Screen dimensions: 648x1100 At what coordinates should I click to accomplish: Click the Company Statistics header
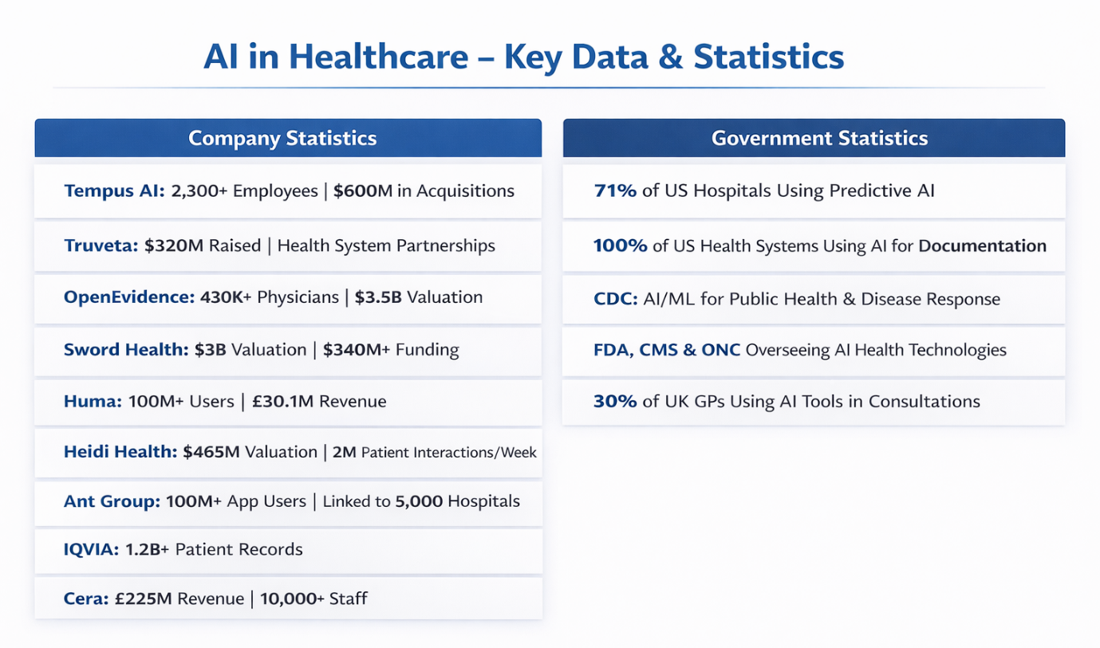(x=282, y=138)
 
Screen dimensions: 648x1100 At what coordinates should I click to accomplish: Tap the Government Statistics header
(x=819, y=138)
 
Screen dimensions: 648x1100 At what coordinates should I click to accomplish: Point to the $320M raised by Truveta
(x=174, y=245)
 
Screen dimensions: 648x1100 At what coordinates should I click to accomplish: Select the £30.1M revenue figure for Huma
(x=284, y=402)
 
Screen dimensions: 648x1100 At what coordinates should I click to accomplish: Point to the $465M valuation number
(x=211, y=452)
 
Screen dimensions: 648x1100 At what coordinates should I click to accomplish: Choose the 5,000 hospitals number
(x=419, y=501)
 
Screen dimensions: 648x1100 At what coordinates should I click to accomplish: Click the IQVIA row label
(x=91, y=549)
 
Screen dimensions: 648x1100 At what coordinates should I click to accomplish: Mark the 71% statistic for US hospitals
(x=615, y=191)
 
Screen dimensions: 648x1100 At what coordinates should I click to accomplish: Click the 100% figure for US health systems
(x=620, y=245)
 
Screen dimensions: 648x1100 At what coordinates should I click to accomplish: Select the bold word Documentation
(x=982, y=245)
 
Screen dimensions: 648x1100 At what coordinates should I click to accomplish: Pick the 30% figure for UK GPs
(x=615, y=402)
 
